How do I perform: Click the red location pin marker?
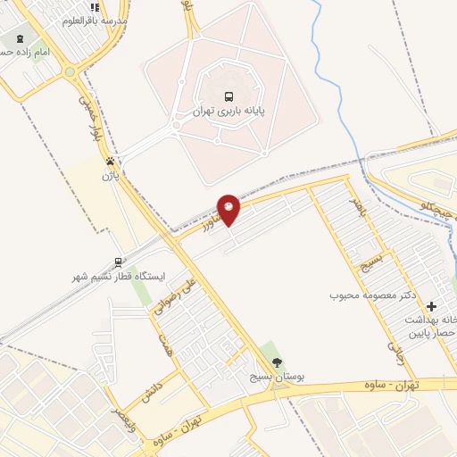[229, 208]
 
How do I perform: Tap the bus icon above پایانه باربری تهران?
[228, 96]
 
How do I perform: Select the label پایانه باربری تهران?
[229, 112]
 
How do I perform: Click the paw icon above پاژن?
[109, 162]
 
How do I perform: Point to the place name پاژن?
[109, 176]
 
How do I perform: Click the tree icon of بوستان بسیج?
[277, 361]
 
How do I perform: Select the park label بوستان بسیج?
[277, 378]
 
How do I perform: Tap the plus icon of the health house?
[432, 306]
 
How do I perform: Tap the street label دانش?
[149, 389]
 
